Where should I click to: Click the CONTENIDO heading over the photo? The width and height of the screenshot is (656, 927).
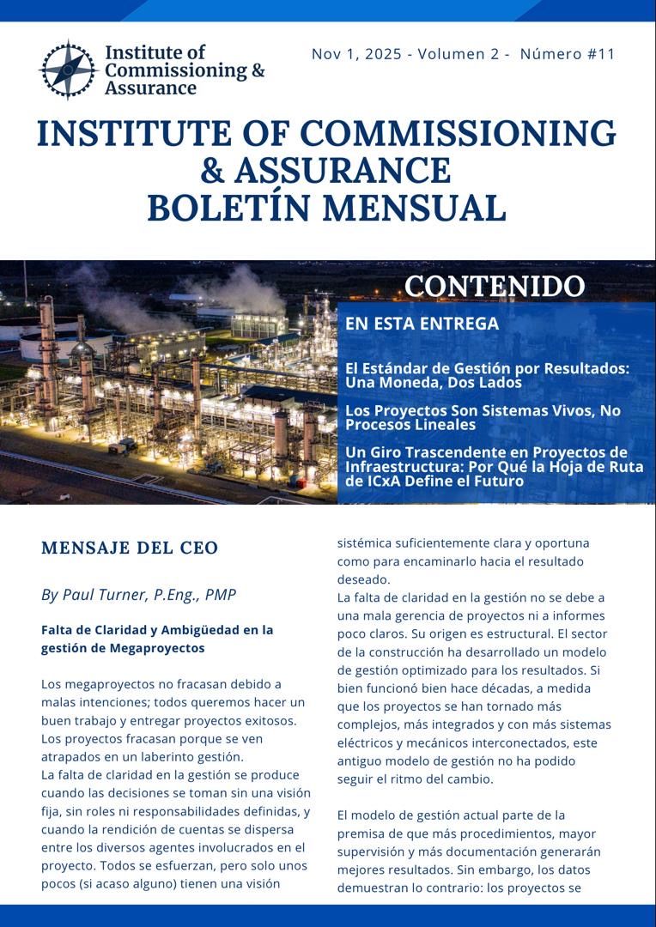coord(495,287)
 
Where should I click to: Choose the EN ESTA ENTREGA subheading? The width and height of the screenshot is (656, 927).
coord(422,324)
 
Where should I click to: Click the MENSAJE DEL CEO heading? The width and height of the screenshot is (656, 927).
coord(130,548)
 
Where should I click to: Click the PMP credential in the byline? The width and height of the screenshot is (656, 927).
coord(219,595)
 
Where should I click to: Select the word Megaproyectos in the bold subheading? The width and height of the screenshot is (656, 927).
coord(157,648)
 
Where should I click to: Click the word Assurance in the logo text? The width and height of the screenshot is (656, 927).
coord(150,88)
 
